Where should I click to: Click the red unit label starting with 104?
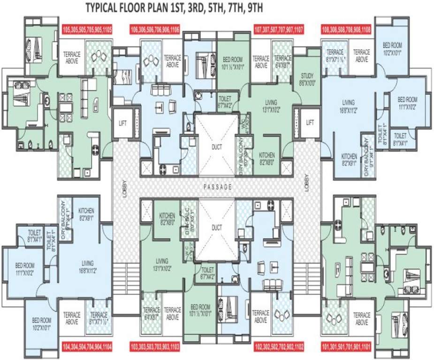pos(87,347)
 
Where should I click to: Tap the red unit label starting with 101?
pos(346,347)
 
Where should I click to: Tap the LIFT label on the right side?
pos(310,123)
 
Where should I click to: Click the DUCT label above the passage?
pos(216,147)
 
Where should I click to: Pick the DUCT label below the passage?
pos(216,226)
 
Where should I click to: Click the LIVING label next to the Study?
pos(271,102)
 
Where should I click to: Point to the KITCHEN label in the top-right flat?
pos(349,157)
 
